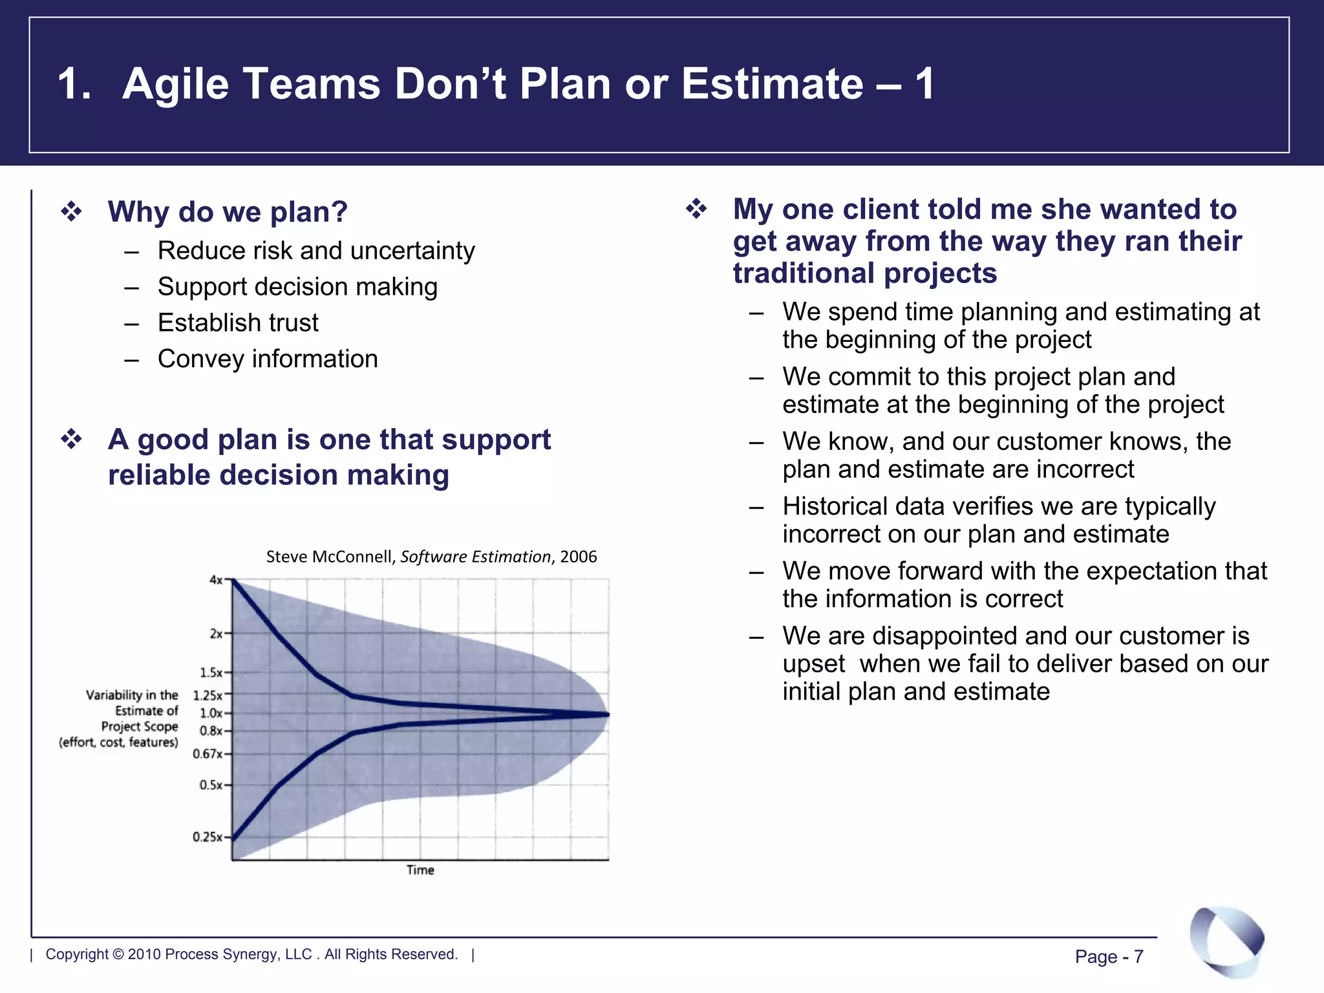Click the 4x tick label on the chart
click(216, 580)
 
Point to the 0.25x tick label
click(208, 837)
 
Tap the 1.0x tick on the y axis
click(211, 713)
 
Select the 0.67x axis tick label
click(208, 754)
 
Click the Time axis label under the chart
click(420, 870)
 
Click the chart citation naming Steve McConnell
click(431, 557)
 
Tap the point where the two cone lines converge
click(606, 714)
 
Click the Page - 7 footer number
click(1109, 956)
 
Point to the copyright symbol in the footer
click(118, 954)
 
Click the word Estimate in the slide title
click(772, 84)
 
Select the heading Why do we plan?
click(228, 212)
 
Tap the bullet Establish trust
click(238, 323)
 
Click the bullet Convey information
click(268, 359)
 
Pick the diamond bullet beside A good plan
click(72, 440)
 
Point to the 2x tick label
click(216, 634)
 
